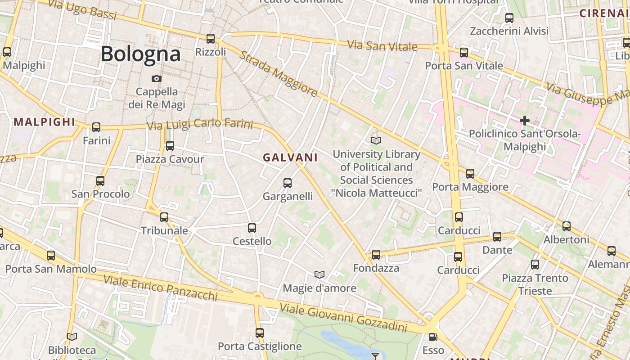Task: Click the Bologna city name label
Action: point(140,54)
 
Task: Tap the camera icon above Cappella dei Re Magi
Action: point(156,78)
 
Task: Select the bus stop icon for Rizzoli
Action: point(211,39)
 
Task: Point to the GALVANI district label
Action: point(290,157)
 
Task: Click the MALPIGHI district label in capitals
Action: point(45,122)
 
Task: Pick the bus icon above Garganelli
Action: point(288,183)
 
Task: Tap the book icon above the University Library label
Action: point(376,140)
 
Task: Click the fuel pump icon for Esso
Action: point(433,337)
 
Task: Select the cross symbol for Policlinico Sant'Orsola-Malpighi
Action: point(524,121)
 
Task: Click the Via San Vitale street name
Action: point(382,46)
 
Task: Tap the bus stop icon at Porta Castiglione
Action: point(260,333)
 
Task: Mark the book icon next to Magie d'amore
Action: point(319,274)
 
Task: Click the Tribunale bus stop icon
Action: point(164,217)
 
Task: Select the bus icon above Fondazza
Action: point(376,255)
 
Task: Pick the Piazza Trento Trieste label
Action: point(535,284)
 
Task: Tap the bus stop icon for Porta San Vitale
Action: point(464,53)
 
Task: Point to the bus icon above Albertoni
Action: point(567,226)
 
